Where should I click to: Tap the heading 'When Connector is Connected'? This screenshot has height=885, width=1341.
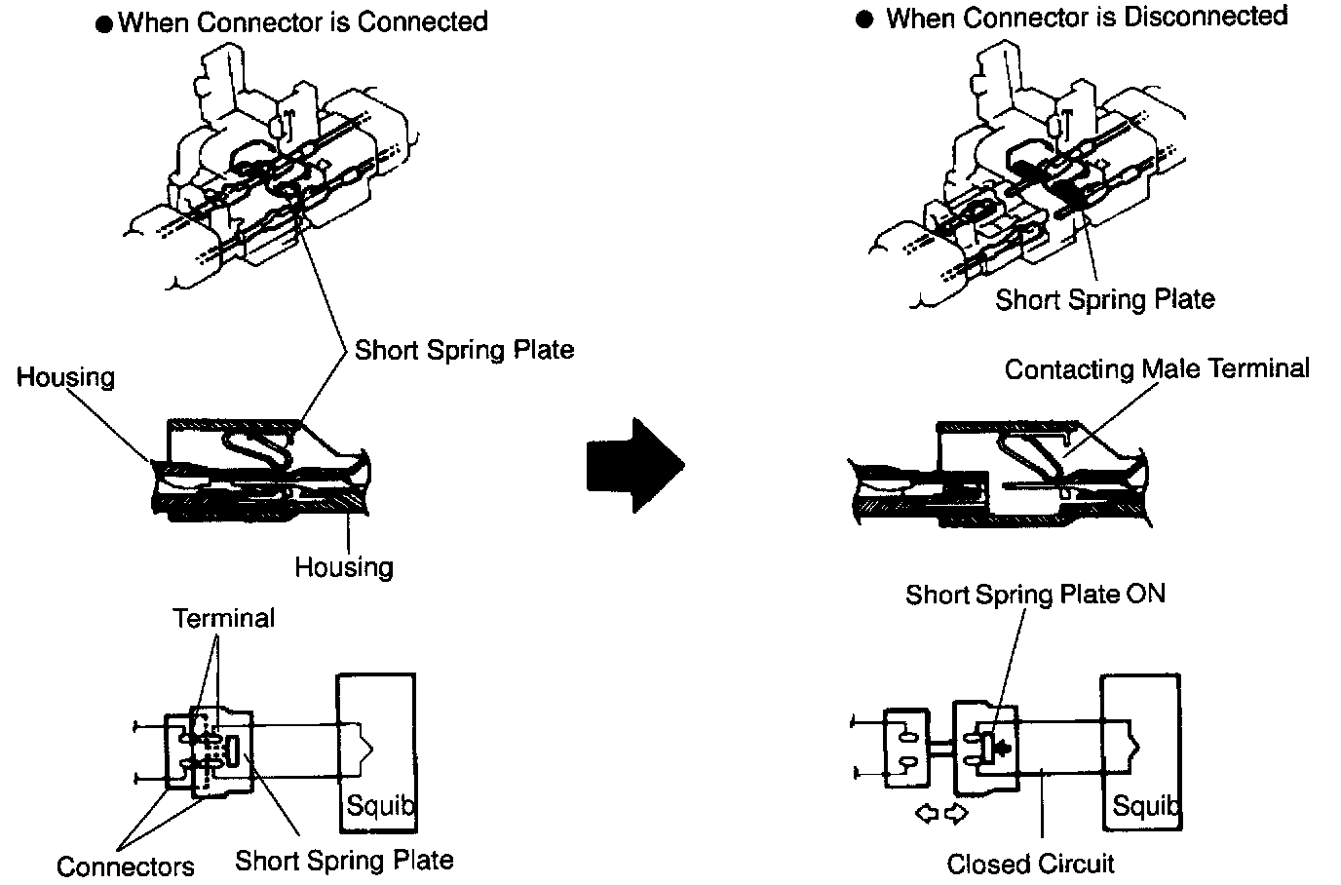click(x=302, y=22)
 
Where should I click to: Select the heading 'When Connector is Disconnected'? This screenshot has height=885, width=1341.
click(x=1086, y=18)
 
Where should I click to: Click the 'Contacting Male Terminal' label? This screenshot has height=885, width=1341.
click(x=1157, y=369)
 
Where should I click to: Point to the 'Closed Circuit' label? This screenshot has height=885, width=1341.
click(x=1030, y=864)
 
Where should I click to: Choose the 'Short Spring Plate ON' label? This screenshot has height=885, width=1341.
click(x=1035, y=595)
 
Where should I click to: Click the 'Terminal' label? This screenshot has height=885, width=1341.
click(x=223, y=618)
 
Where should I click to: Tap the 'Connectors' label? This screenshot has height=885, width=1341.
click(x=125, y=866)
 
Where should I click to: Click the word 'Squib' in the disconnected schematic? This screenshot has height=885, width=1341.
click(x=1146, y=806)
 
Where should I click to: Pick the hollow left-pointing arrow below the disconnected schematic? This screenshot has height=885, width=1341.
click(x=925, y=812)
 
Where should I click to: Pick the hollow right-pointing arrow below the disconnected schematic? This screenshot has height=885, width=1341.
click(x=958, y=812)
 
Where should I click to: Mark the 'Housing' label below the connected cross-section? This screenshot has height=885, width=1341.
click(x=344, y=567)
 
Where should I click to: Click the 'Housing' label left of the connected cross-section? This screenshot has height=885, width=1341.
click(x=65, y=377)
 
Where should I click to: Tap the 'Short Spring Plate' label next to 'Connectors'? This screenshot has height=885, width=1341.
click(x=344, y=861)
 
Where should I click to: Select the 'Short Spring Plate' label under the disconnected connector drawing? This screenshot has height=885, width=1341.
click(x=1104, y=298)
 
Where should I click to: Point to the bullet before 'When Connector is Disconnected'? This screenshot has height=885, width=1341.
click(x=864, y=20)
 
